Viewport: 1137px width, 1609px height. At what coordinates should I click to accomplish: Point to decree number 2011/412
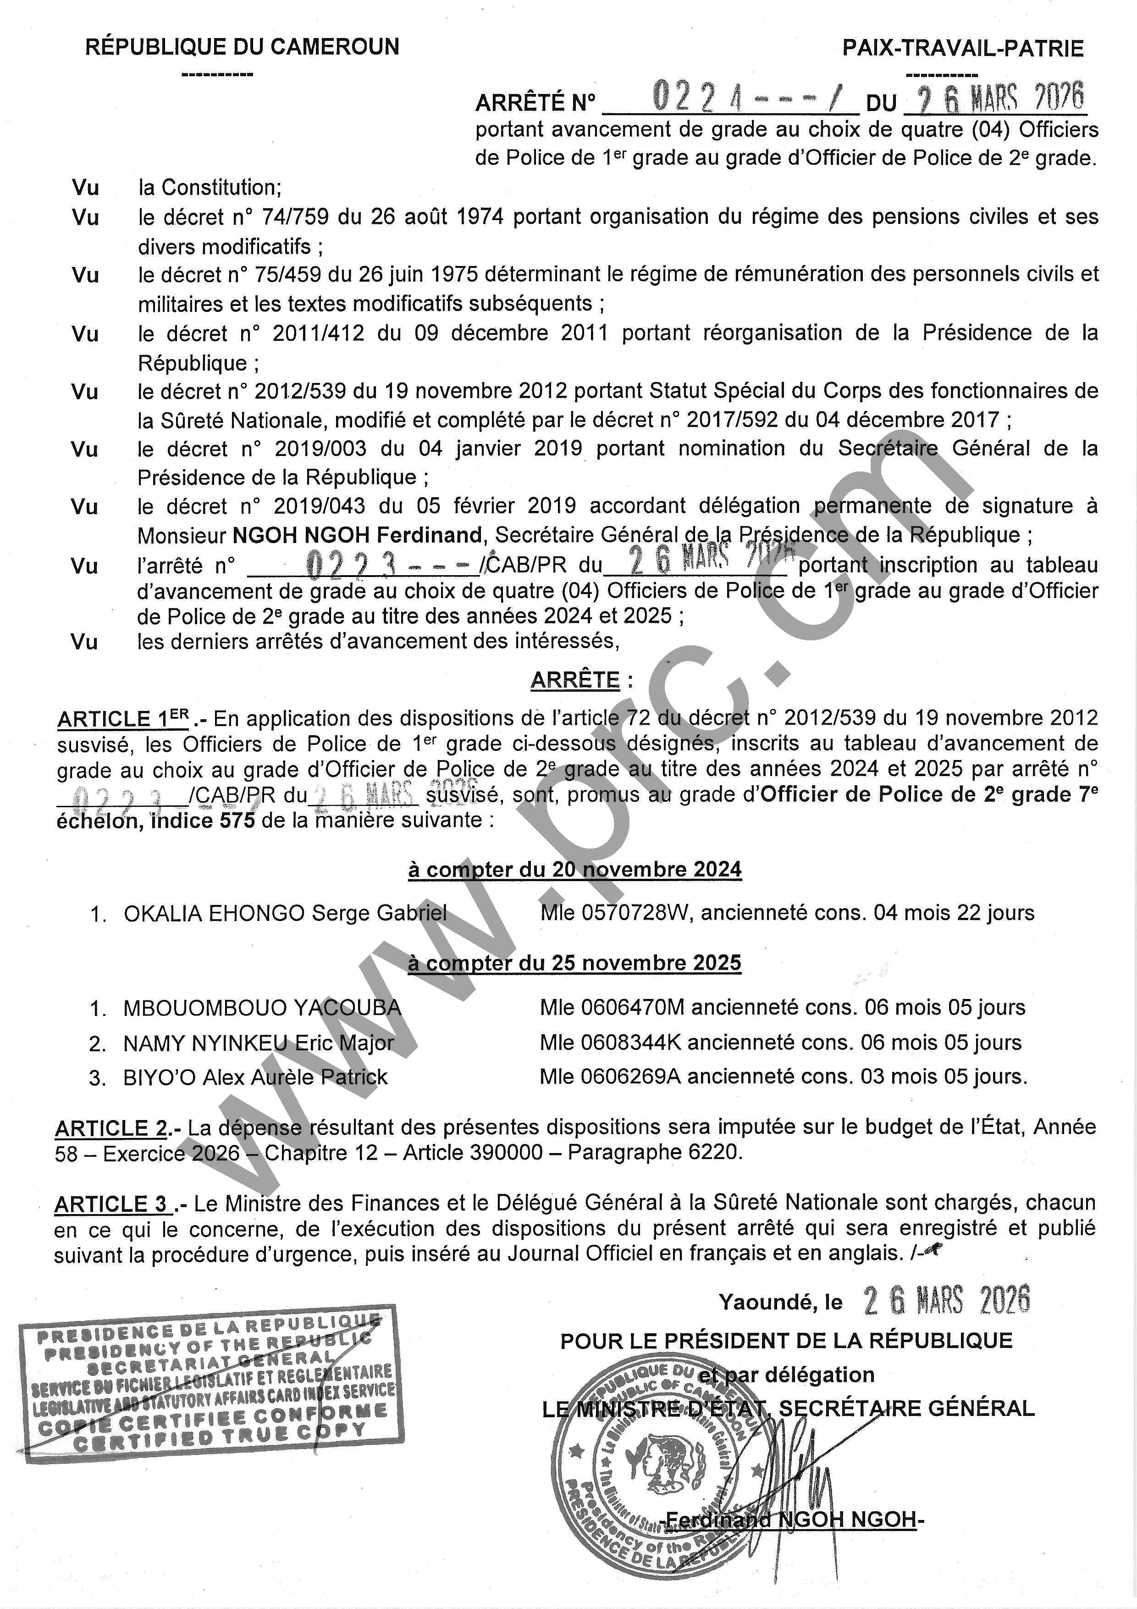318,333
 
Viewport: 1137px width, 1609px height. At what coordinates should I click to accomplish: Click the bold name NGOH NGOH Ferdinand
357,535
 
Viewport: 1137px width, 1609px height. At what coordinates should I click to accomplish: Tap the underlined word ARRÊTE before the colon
575,680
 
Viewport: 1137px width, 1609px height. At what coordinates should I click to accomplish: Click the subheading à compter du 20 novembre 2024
574,870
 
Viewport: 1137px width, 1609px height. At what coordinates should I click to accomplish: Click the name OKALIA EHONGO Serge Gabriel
285,913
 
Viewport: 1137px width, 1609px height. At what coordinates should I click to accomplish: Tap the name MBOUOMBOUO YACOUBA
262,1008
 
